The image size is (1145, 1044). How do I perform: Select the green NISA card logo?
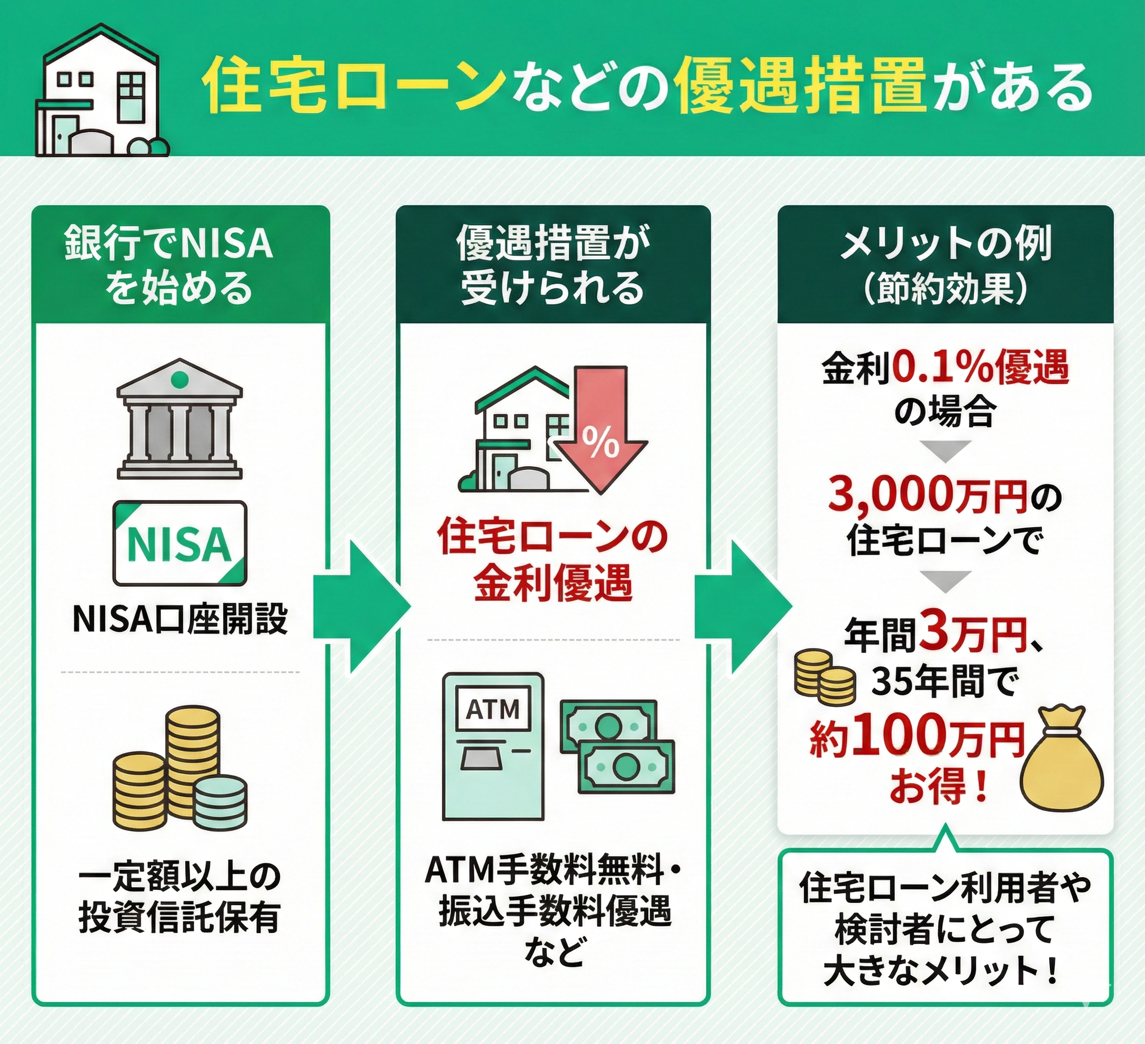179,543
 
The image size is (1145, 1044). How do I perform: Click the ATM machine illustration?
493,746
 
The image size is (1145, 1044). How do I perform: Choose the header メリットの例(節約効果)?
945,265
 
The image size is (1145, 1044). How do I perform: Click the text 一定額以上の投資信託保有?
179,898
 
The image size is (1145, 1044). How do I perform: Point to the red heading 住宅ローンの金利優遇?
552,559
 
